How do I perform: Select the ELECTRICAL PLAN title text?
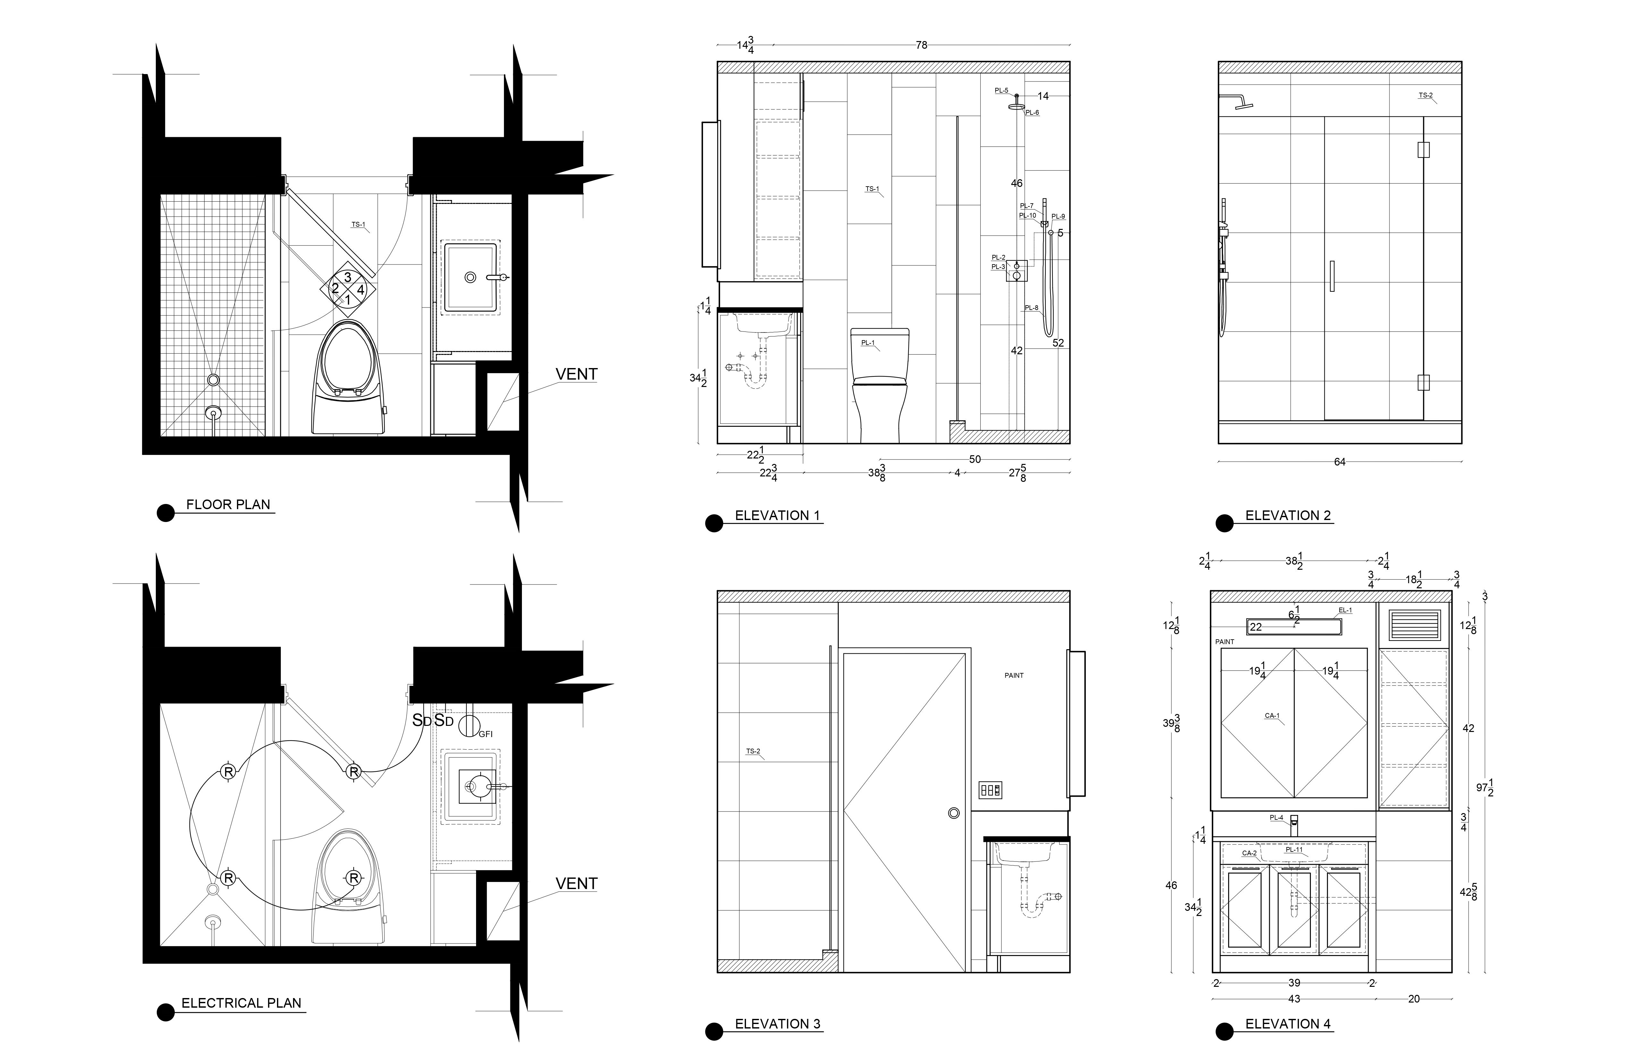pyautogui.click(x=241, y=1003)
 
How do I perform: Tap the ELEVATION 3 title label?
pyautogui.click(x=778, y=1024)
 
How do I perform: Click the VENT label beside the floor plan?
pyautogui.click(x=576, y=374)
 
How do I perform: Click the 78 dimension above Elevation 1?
pyautogui.click(x=921, y=45)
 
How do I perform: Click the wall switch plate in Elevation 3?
pyautogui.click(x=990, y=790)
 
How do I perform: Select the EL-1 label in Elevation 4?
pyautogui.click(x=1345, y=610)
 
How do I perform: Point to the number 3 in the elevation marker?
pyautogui.click(x=348, y=277)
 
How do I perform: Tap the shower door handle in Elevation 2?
pyautogui.click(x=1332, y=276)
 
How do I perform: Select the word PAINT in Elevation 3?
pyautogui.click(x=1014, y=675)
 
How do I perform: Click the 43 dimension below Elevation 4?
pyautogui.click(x=1294, y=999)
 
